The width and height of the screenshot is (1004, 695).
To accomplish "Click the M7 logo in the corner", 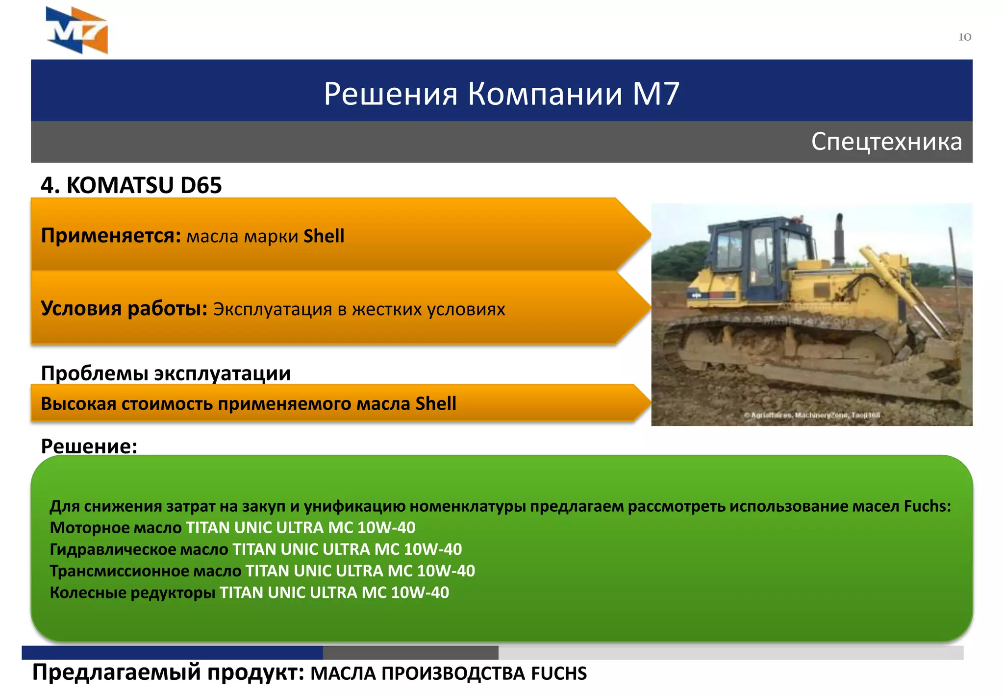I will coord(77,30).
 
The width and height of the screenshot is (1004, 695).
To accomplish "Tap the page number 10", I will coord(964,37).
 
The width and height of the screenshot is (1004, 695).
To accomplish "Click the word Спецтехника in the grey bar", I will coord(886,142).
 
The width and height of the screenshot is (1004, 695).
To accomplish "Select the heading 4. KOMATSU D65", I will coord(131,185).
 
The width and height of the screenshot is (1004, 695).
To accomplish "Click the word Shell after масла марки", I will coord(324,236).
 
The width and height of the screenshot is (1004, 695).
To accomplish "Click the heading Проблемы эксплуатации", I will coord(166,373).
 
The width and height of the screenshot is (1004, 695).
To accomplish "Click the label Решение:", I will coord(89,446).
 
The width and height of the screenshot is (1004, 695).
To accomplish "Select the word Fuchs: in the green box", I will coord(927,506).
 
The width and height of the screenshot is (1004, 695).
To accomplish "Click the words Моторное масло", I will coord(116,527).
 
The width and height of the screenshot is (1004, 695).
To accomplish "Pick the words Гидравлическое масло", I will coord(139,549).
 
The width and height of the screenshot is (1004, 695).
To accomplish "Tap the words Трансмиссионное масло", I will coord(145,571).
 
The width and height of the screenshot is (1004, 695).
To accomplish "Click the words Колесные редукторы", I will coord(132,592).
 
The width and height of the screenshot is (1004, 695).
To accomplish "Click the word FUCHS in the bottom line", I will coord(558,673).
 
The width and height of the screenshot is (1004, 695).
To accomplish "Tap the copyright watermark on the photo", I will coord(812,415).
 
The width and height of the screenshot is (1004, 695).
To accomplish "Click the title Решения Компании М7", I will coord(501,93).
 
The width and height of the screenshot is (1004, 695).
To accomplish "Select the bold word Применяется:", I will coord(111,236).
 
